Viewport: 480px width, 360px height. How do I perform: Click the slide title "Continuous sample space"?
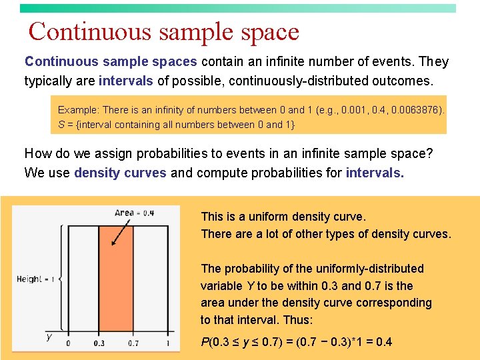pos(164,31)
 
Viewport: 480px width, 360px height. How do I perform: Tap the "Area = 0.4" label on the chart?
pos(134,213)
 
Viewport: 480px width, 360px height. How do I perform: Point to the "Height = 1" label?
pos(35,279)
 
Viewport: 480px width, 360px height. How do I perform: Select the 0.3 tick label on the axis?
pos(99,343)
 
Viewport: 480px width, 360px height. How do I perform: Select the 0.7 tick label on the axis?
pos(133,343)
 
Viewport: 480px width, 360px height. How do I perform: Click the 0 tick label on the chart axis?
pos(68,343)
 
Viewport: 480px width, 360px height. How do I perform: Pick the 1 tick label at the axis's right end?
pos(168,343)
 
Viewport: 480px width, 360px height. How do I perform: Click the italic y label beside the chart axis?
pos(49,337)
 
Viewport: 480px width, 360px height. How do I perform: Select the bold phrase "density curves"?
pos(120,173)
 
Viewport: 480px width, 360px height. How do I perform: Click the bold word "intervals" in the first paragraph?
pos(126,81)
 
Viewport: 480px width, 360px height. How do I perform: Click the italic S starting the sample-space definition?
pos(61,125)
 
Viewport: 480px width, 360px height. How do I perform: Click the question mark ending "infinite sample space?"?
pos(429,153)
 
